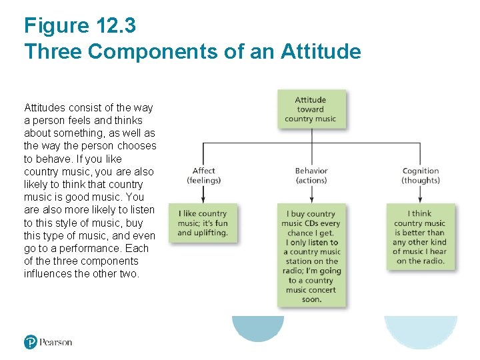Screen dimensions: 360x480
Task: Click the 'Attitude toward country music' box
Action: [x=311, y=109]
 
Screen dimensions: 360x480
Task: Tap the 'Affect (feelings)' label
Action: [x=204, y=175]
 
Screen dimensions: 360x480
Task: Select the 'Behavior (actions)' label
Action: [x=311, y=175]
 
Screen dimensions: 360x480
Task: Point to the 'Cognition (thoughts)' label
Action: [x=421, y=175]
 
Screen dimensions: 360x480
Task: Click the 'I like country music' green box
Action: [x=203, y=223]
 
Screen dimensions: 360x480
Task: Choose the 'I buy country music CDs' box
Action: [x=311, y=256]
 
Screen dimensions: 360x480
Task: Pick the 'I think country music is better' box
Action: [x=420, y=237]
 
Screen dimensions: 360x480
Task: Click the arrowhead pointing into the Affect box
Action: [x=203, y=199]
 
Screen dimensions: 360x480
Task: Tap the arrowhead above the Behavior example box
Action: [x=312, y=199]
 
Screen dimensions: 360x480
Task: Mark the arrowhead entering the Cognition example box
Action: [x=420, y=199]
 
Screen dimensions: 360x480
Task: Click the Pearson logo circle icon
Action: [x=31, y=342]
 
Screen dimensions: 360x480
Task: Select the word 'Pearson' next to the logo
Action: [x=55, y=342]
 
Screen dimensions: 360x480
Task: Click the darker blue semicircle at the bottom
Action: [x=257, y=327]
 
